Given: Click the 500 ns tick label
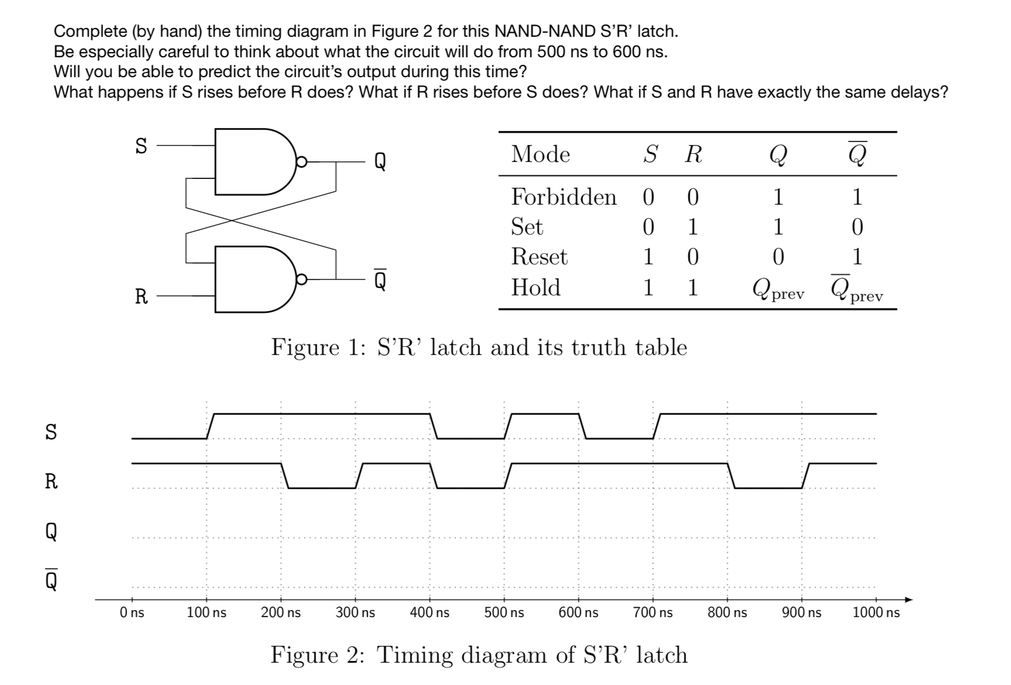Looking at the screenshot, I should (x=504, y=612).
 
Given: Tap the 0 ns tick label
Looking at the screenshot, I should (x=132, y=612).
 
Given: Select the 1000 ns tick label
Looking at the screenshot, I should (x=876, y=612).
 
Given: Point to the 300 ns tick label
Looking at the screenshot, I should (x=355, y=612).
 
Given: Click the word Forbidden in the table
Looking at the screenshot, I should (x=564, y=197).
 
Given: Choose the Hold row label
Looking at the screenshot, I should (x=536, y=287).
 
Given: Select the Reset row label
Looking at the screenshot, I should (x=539, y=257).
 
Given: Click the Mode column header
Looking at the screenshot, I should (x=540, y=154).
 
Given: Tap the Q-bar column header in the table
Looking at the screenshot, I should (x=857, y=154).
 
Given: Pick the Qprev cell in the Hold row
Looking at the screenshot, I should (x=778, y=289).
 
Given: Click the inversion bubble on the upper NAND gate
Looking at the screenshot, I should (x=301, y=162).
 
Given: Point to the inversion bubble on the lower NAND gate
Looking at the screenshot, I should (x=301, y=280).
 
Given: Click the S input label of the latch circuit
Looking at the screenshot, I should (x=141, y=146).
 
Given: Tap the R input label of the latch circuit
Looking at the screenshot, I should (x=141, y=297).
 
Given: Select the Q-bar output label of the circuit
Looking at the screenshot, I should (x=380, y=280).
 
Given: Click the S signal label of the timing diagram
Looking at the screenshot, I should (x=52, y=432).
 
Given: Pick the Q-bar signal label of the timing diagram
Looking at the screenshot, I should (x=52, y=580).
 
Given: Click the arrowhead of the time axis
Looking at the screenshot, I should (x=908, y=600).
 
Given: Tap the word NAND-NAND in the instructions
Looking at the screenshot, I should (x=536, y=30).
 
